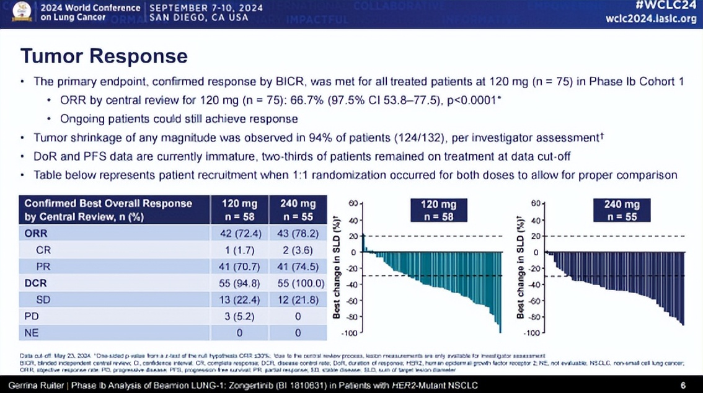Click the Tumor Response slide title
tap(104, 56)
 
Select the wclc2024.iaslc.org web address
tap(651, 19)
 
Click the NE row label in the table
tap(32, 333)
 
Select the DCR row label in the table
tap(35, 283)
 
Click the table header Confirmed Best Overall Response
tap(108, 203)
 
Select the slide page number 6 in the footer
tap(683, 385)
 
